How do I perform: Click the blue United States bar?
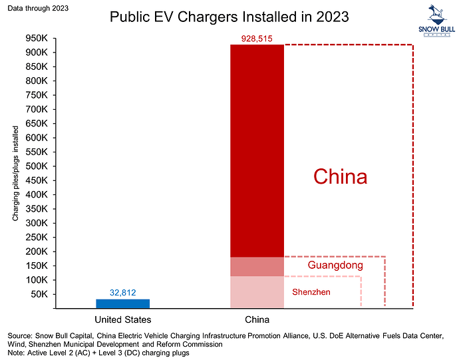click(x=122, y=303)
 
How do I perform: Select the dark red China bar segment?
click(x=257, y=151)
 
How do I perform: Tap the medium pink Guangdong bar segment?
click(x=257, y=267)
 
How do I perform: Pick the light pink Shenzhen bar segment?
click(x=257, y=292)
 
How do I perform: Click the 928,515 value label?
click(x=257, y=39)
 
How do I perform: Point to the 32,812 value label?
click(x=123, y=293)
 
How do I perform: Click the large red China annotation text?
click(x=340, y=176)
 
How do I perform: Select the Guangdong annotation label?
click(x=335, y=265)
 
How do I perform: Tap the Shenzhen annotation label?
click(x=311, y=292)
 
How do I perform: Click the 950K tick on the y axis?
click(x=37, y=39)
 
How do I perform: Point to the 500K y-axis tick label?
click(x=37, y=166)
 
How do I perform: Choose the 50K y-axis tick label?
click(x=39, y=294)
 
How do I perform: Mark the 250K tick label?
click(x=37, y=238)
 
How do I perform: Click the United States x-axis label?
click(x=123, y=319)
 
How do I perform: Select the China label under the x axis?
click(x=257, y=319)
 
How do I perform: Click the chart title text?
click(x=230, y=17)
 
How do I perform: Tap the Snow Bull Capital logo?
click(x=437, y=21)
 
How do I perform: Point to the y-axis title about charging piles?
click(x=15, y=174)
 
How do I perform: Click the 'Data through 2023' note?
click(x=38, y=8)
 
